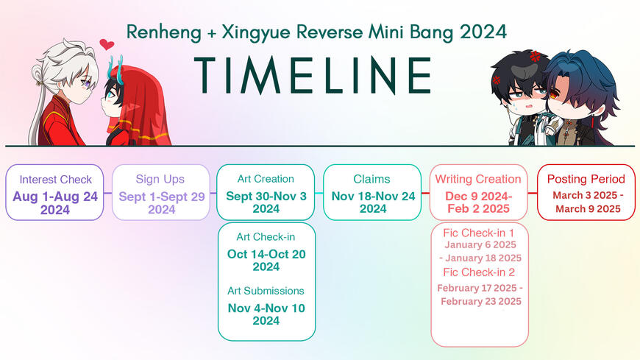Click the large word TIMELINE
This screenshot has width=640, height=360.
[313, 75]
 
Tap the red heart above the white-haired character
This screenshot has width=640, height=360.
[107, 44]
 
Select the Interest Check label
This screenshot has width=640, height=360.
[55, 180]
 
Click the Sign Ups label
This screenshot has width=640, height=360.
[160, 180]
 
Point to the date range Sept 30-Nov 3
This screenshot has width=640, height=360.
[266, 196]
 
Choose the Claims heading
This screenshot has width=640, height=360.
[371, 179]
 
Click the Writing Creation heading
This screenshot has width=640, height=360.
[478, 179]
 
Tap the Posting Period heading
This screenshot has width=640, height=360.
[586, 179]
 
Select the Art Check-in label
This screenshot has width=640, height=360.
[266, 237]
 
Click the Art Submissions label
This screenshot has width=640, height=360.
[266, 291]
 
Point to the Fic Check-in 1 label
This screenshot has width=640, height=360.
[478, 233]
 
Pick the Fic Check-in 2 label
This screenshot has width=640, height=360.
[479, 272]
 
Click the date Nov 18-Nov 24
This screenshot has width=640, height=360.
[373, 196]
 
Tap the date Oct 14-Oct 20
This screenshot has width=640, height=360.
[266, 254]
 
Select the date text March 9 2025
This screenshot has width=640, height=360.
[588, 209]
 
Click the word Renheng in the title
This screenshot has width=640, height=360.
[163, 32]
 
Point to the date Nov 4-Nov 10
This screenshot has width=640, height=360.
[266, 308]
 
